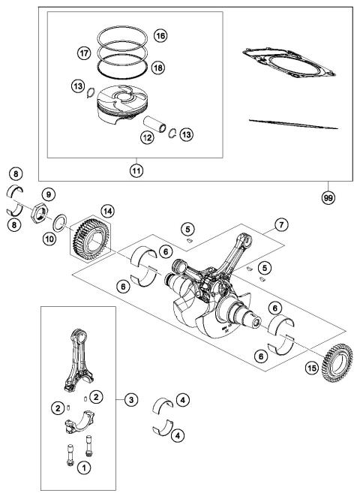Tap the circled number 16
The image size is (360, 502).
[x=160, y=36]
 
